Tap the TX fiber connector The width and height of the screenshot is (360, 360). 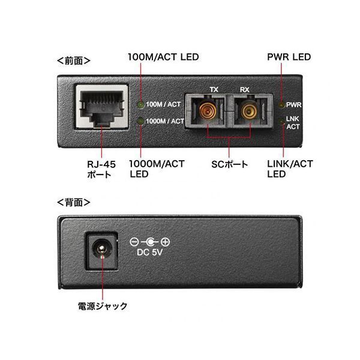(208, 111)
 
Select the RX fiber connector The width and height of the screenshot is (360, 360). (250, 111)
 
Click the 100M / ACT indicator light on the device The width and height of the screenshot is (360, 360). (140, 104)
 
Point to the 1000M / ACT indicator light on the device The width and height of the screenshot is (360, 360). (140, 121)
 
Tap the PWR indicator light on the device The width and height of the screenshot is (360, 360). (282, 104)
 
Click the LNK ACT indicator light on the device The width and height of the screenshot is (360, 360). (282, 121)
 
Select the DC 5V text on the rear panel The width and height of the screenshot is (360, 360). (149, 253)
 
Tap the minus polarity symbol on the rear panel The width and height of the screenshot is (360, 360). (134, 242)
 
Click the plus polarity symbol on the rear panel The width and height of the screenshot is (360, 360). (165, 242)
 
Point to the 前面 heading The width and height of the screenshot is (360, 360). (73, 61)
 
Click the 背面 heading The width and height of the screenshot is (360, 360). (73, 203)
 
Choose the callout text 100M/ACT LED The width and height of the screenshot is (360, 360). (163, 57)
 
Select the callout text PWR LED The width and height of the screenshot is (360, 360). (289, 57)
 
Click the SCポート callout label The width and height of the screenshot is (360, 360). (230, 164)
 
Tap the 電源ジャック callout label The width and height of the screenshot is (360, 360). (103, 306)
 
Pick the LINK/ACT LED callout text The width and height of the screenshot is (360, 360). (290, 169)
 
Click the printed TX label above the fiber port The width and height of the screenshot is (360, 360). (214, 89)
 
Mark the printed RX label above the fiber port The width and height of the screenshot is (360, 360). (245, 89)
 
